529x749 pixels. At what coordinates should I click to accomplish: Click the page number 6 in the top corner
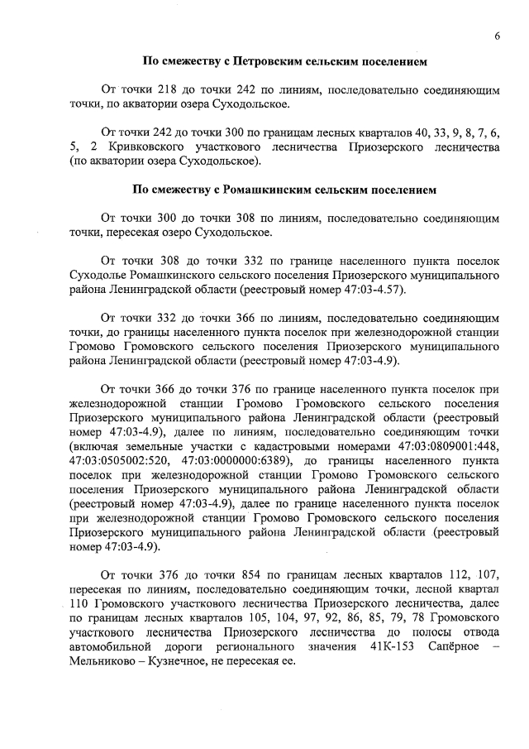pos(498,36)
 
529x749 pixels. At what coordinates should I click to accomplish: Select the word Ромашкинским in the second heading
pos(264,190)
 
